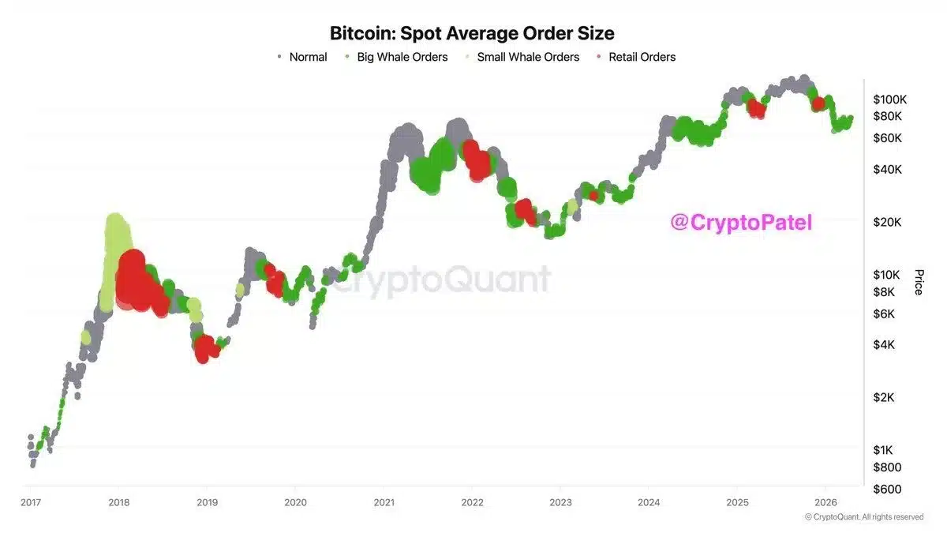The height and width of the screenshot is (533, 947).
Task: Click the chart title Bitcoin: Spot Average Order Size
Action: coord(472,33)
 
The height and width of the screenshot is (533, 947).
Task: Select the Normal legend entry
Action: coord(308,57)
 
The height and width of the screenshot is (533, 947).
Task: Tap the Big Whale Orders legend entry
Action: coord(402,57)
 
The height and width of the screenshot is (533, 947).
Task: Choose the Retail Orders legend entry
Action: coord(642,57)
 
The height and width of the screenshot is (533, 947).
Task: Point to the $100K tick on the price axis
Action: coord(890,99)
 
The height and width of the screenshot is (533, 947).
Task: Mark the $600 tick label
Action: coord(887,489)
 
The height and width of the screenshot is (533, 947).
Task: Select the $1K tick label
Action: coord(884,450)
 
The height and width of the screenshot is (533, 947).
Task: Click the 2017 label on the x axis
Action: coord(31,502)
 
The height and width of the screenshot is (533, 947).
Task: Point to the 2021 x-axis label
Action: coord(384,502)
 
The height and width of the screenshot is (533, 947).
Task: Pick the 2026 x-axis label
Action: coord(825,502)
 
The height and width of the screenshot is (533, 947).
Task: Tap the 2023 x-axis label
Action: coord(560,502)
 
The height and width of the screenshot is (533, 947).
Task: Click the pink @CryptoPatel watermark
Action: coord(741,223)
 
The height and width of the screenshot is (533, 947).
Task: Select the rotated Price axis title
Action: coord(919,282)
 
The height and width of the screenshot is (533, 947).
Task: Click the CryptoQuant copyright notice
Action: coord(863,517)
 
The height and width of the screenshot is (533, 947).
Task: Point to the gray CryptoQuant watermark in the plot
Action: coord(439,280)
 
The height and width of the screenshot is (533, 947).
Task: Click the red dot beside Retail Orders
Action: coord(600,57)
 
